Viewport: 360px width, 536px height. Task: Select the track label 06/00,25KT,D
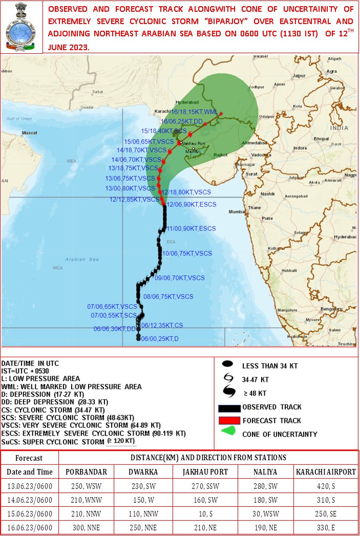(x=160, y=338)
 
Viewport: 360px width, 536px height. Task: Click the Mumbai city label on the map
(x=237, y=211)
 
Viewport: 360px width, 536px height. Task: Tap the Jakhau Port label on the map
(x=194, y=143)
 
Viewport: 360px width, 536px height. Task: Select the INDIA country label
(x=339, y=127)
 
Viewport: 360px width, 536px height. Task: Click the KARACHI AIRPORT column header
(x=325, y=471)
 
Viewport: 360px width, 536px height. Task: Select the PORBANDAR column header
(x=87, y=471)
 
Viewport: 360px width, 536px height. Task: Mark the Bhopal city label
(x=321, y=139)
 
